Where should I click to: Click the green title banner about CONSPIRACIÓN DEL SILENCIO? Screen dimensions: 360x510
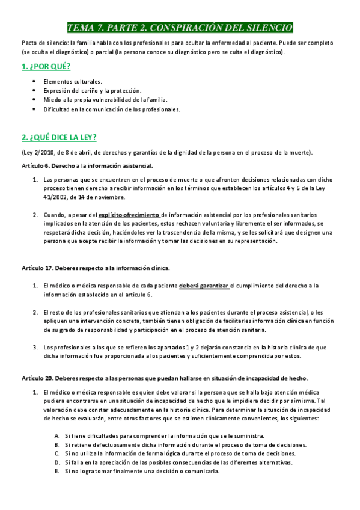coord(180,28)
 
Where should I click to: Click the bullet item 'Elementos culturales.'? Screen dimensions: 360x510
coord(73,81)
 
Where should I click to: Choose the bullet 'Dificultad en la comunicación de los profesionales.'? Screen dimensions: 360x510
coord(112,109)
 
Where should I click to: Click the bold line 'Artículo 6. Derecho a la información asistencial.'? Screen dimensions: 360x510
coord(87,165)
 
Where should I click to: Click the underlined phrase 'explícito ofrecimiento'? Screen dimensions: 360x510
coord(129,214)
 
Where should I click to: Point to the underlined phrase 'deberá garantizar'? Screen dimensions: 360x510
coord(204,286)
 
